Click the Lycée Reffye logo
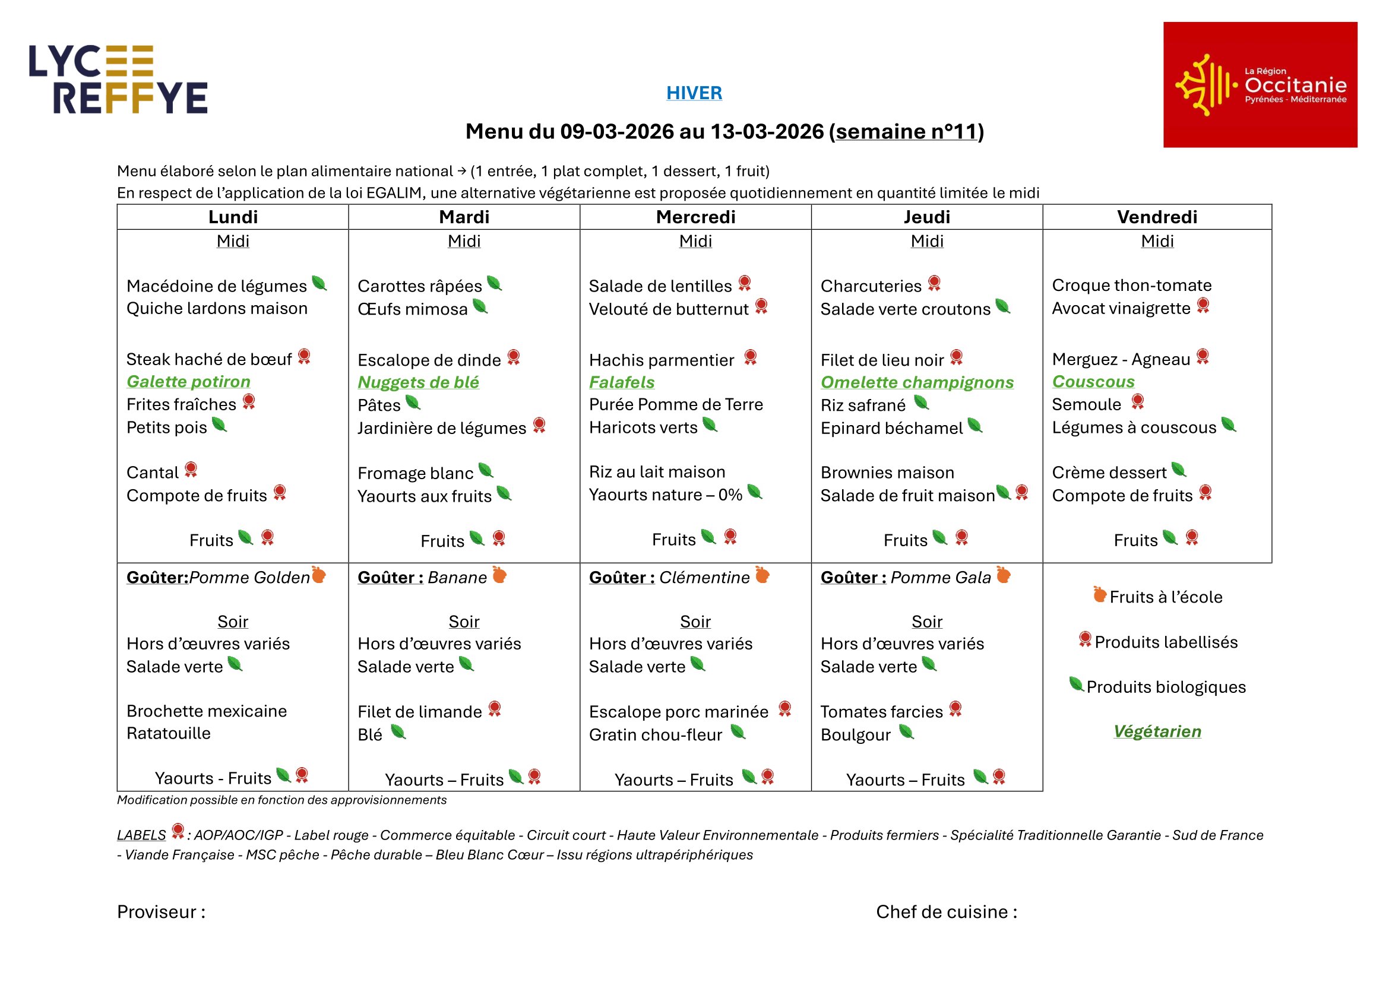coord(119,79)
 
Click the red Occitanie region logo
coord(1260,85)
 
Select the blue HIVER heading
coord(694,93)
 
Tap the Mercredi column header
coord(695,217)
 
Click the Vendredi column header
coord(1156,217)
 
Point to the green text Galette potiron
coord(188,382)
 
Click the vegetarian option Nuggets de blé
coord(418,382)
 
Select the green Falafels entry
coord(621,382)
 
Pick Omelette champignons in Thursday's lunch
coord(916,382)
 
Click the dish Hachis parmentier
coord(661,360)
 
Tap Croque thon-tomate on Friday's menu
coord(1131,285)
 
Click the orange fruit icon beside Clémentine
coord(762,575)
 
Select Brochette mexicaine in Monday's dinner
coord(206,711)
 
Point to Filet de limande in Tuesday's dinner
coord(419,712)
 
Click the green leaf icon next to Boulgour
coord(906,732)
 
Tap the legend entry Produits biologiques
coord(1165,687)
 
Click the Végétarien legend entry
coord(1157,731)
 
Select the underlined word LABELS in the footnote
coord(141,835)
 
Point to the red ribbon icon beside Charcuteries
coord(934,283)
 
